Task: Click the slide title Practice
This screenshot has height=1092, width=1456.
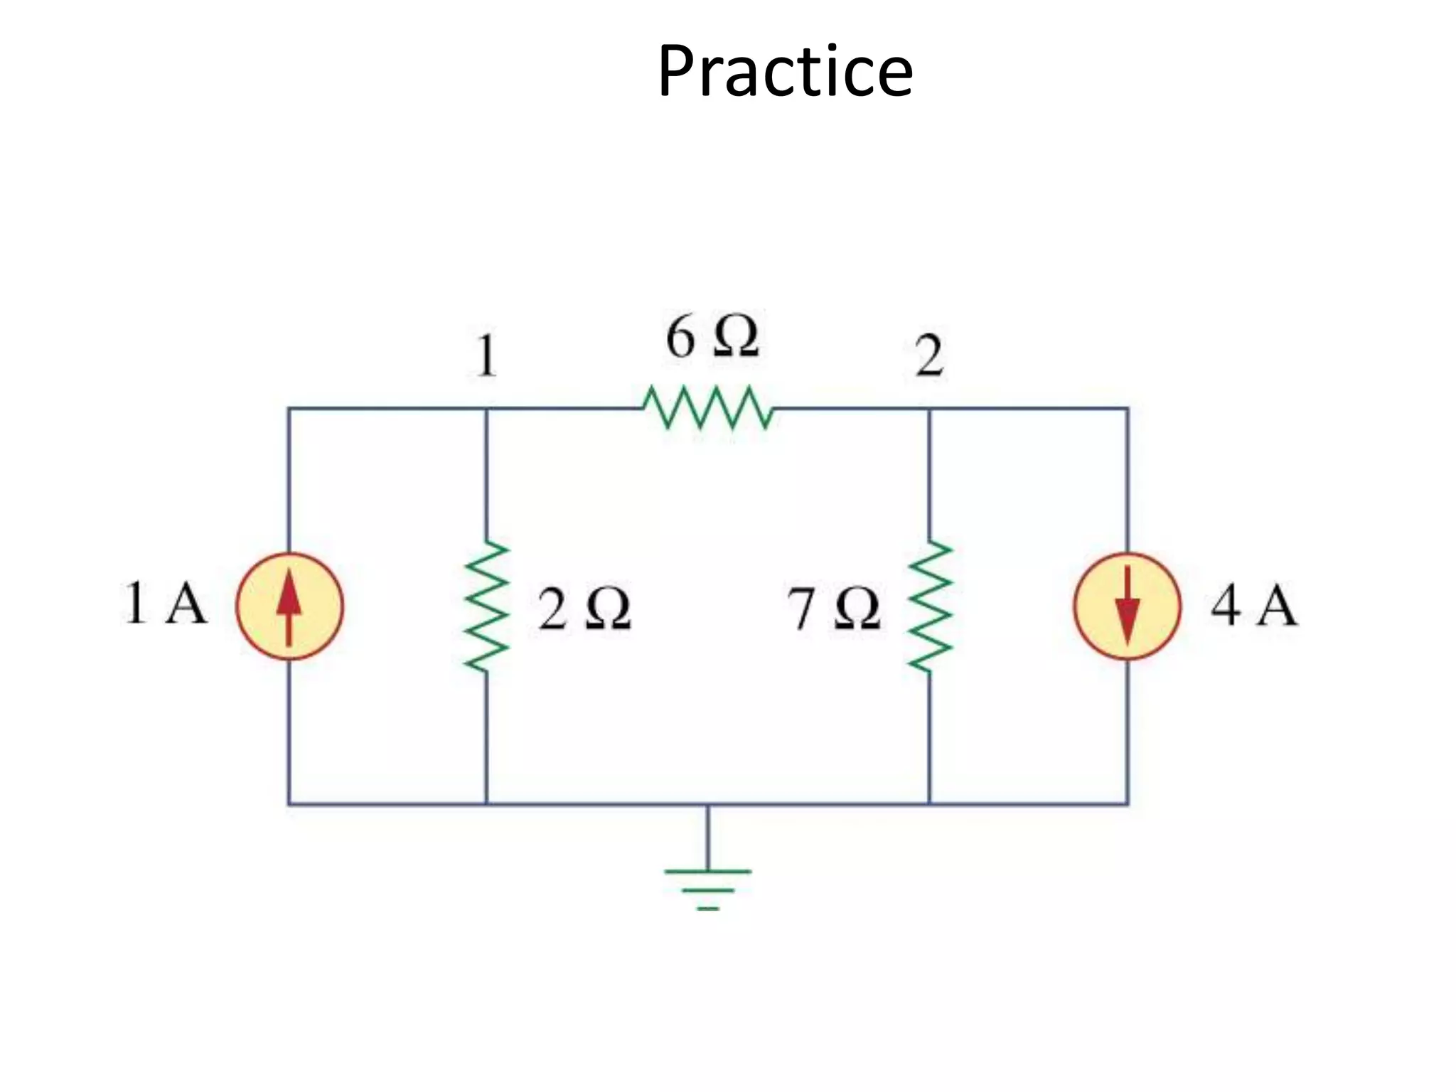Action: point(785,71)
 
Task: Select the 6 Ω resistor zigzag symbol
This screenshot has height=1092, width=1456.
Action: point(708,408)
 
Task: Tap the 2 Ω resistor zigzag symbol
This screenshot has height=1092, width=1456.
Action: point(486,606)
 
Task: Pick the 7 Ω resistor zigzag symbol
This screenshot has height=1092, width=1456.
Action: point(929,606)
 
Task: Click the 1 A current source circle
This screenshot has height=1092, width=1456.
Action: point(289,606)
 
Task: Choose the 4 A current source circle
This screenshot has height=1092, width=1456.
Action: point(1127,606)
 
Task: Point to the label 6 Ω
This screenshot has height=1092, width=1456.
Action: point(712,337)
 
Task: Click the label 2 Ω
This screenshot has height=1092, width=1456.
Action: point(584,609)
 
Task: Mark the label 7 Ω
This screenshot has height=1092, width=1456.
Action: point(833,609)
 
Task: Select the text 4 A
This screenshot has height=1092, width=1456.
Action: point(1254,606)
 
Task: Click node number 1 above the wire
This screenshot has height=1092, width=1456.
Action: point(486,355)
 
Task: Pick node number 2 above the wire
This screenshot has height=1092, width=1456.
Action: point(929,355)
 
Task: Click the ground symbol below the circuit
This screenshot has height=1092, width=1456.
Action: point(707,885)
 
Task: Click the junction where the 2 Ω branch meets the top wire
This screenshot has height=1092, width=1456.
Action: point(486,409)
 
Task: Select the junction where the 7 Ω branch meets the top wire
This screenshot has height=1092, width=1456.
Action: point(929,409)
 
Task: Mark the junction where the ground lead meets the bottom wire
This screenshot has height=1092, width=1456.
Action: point(707,804)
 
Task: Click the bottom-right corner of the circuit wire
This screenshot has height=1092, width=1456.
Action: point(1128,804)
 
